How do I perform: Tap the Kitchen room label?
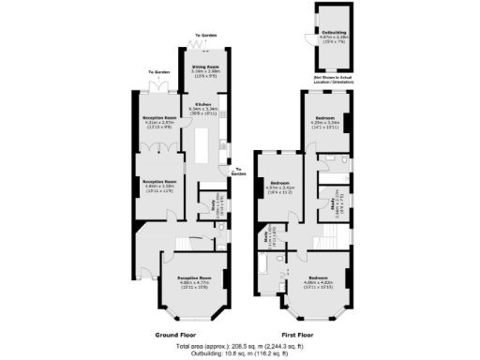(x=204, y=105)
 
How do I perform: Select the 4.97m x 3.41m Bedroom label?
(x=282, y=187)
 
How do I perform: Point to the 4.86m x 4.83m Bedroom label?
(x=318, y=281)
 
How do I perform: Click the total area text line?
(x=240, y=346)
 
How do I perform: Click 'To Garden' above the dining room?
(x=208, y=34)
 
